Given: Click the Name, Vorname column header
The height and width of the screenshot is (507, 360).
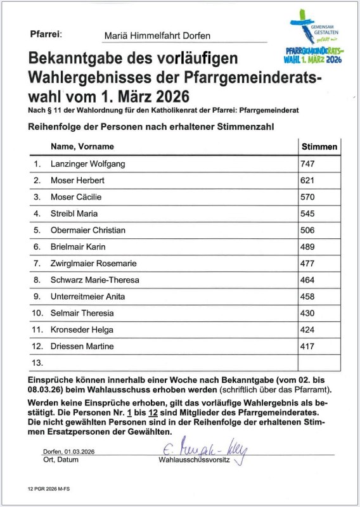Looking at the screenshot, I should tap(82, 146).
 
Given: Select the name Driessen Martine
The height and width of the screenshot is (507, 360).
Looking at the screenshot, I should tap(82, 346).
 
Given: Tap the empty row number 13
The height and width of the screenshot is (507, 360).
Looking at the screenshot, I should tap(37, 363).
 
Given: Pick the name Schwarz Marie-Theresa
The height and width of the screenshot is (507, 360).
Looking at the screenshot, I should tap(94, 279).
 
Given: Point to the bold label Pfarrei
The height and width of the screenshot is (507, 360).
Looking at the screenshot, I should tap(46, 33).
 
